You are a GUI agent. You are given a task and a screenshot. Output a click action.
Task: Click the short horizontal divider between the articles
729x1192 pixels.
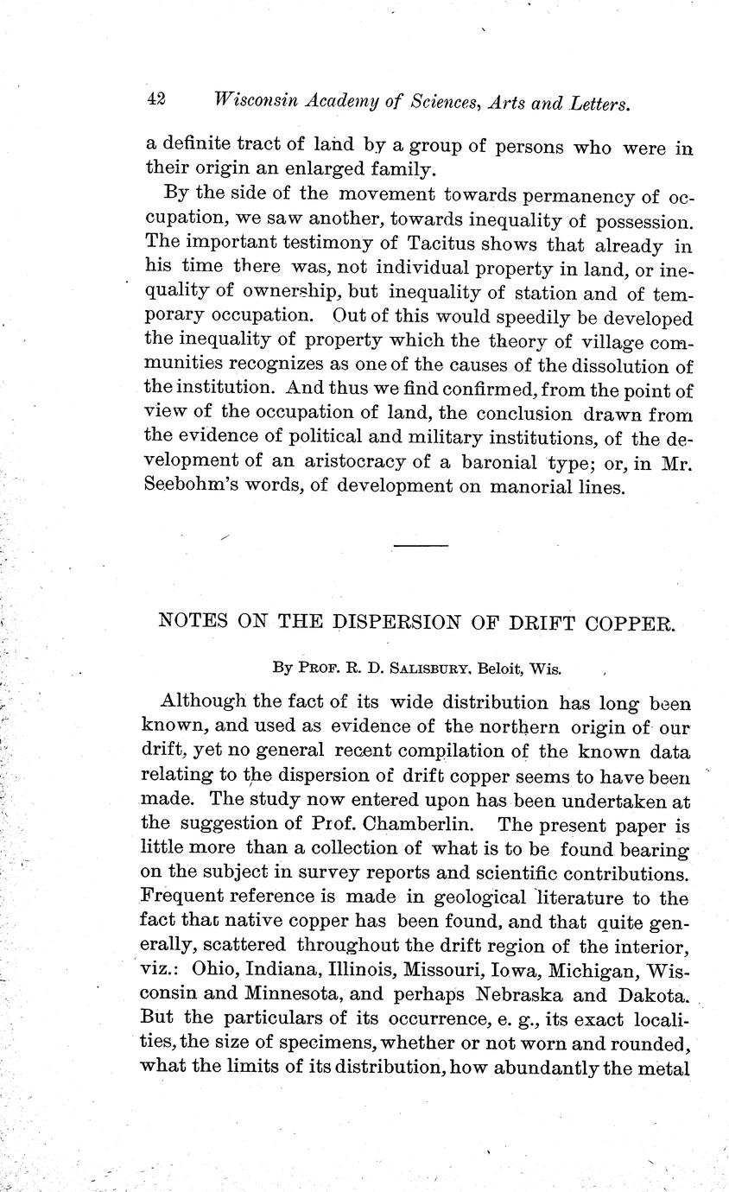(422, 546)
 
